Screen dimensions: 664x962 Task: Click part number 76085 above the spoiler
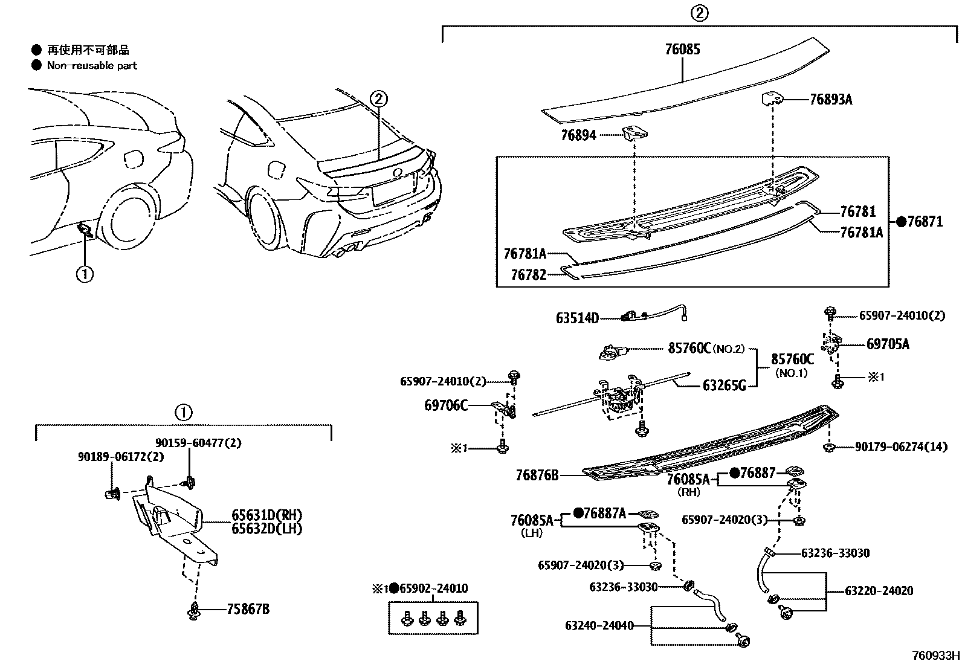pyautogui.click(x=682, y=50)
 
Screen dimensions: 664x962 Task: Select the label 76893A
pyautogui.click(x=830, y=100)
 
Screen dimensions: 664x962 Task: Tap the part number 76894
pyautogui.click(x=578, y=135)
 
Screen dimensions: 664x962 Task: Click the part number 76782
pyautogui.click(x=528, y=275)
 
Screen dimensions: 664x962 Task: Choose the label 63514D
pyautogui.click(x=577, y=318)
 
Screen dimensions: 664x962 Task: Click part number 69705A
pyautogui.click(x=887, y=344)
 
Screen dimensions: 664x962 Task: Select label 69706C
pyautogui.click(x=445, y=405)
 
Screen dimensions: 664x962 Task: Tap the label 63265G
pyautogui.click(x=724, y=385)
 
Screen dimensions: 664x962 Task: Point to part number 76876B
pyautogui.click(x=537, y=475)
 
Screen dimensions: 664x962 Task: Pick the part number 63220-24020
pyautogui.click(x=879, y=591)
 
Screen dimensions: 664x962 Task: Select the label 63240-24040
pyautogui.click(x=599, y=626)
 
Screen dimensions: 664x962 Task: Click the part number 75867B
pyautogui.click(x=248, y=609)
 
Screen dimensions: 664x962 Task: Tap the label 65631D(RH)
pyautogui.click(x=266, y=515)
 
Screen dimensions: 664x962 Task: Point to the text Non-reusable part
pyautogui.click(x=92, y=65)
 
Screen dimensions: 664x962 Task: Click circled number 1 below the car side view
pyautogui.click(x=85, y=274)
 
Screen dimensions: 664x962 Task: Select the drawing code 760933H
pyautogui.click(x=935, y=656)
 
